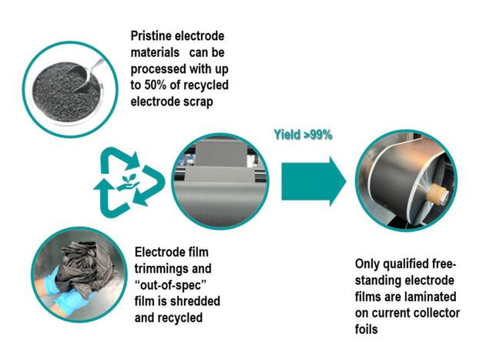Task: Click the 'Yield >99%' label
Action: pos(302,133)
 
